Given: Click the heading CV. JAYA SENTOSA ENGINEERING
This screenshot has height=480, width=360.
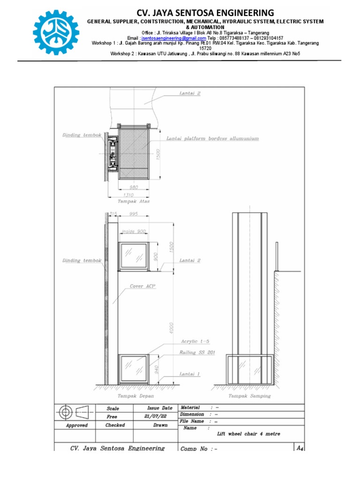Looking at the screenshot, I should click(x=205, y=13).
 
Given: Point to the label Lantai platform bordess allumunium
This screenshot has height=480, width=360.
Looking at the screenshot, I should click(x=212, y=139).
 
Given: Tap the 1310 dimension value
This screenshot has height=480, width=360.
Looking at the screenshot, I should click(x=128, y=195).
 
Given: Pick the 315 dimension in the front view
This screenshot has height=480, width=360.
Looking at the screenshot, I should click(x=112, y=214).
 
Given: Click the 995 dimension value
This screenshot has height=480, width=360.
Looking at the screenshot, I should click(x=134, y=214).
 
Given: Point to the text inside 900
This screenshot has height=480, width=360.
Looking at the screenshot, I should click(x=134, y=232).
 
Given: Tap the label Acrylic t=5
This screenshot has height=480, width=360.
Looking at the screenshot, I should click(x=194, y=342).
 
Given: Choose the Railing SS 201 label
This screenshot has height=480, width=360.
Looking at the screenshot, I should click(x=197, y=352).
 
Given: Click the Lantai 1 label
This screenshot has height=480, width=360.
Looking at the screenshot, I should click(x=190, y=374).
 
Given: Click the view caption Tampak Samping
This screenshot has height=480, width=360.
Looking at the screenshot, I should click(x=249, y=396).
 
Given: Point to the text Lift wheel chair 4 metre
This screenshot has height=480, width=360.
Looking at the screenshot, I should click(x=248, y=434).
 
